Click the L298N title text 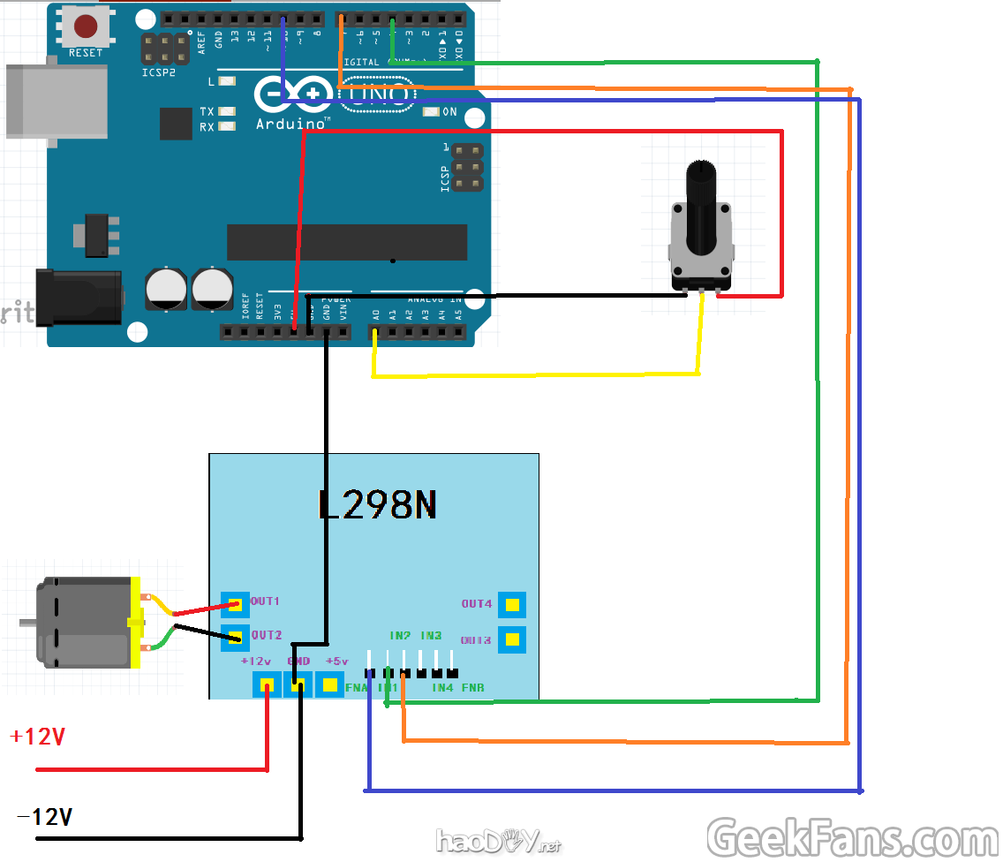377,504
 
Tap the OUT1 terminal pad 234,605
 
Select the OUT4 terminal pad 512,605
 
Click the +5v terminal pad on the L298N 330,684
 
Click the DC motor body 79,623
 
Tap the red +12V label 37,737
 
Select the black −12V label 44,818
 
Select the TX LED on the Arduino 227,111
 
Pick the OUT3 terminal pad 512,639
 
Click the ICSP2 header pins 165,49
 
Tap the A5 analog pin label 458,314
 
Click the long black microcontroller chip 347,242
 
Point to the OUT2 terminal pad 234,636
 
